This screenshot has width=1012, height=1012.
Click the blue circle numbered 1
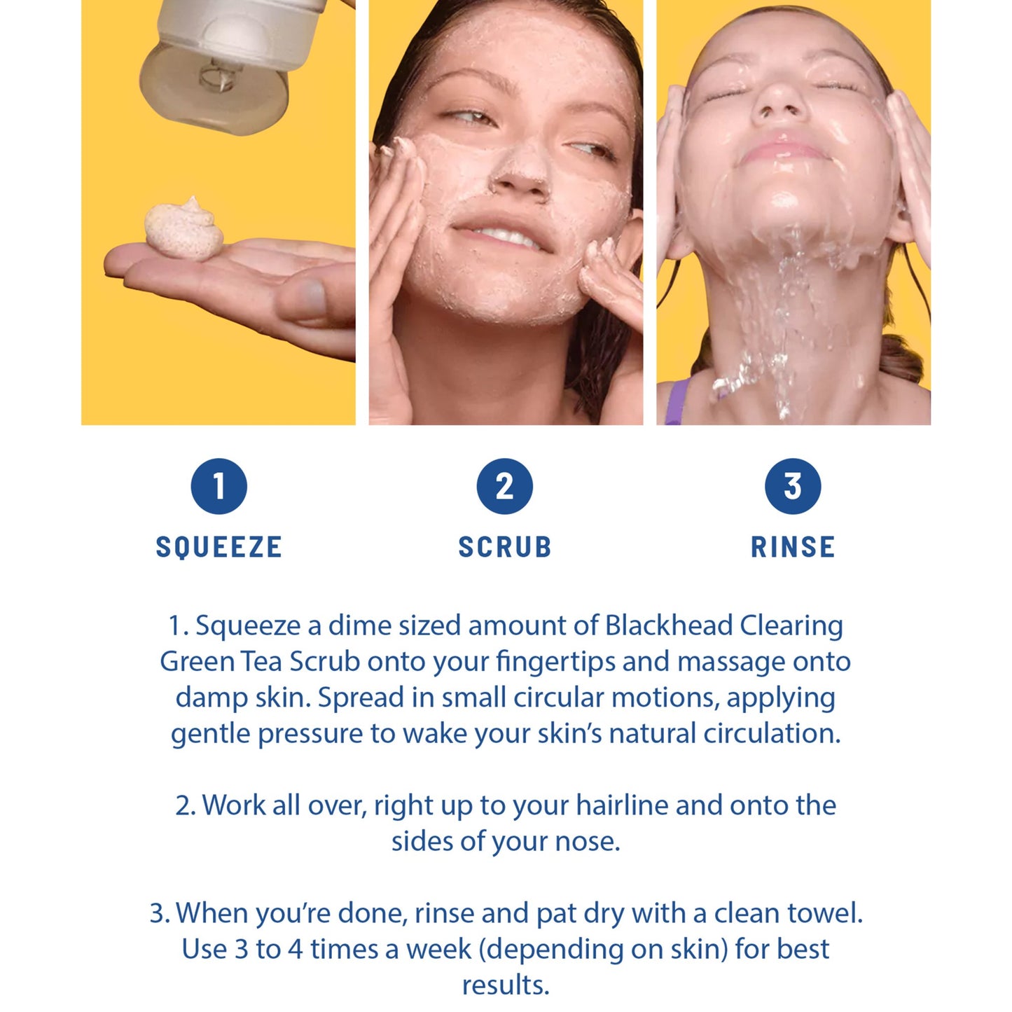click(x=219, y=486)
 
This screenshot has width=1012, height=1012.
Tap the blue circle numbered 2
click(x=505, y=486)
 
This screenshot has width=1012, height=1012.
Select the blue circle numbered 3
click(x=793, y=486)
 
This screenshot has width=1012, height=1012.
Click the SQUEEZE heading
click(x=219, y=547)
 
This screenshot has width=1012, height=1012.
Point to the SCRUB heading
click(x=505, y=547)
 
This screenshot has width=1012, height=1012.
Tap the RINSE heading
click(x=793, y=547)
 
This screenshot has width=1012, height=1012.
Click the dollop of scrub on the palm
click(x=183, y=230)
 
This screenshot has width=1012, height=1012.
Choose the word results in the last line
click(x=506, y=986)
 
